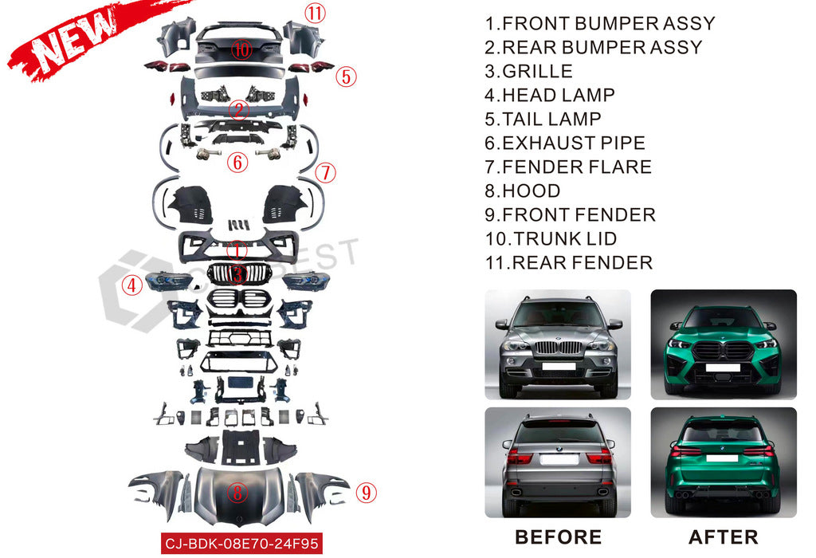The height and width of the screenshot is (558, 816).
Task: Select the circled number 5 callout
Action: [x=345, y=77]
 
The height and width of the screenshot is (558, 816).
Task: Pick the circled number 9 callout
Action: [x=366, y=493]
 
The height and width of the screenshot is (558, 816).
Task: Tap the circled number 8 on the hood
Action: [x=237, y=492]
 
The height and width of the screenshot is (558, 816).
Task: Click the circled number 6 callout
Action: [x=237, y=163]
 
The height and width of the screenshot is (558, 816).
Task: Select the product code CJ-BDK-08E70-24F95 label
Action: [x=241, y=543]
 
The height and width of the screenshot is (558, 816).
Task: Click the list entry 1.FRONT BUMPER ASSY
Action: [x=600, y=23]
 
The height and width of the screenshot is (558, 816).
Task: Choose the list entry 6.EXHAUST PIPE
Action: [x=565, y=143]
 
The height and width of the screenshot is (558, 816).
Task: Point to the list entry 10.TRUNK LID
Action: [x=551, y=238]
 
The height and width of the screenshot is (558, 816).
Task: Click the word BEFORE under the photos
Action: [x=558, y=536]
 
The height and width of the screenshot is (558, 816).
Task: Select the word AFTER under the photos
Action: [x=724, y=536]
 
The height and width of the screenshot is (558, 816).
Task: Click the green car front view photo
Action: [x=724, y=344]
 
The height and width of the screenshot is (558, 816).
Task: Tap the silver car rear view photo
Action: [x=558, y=462]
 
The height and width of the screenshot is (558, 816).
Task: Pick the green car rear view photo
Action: [x=724, y=462]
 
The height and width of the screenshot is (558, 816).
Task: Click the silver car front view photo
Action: [x=558, y=344]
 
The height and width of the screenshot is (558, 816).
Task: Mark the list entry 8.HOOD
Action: [x=523, y=191]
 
